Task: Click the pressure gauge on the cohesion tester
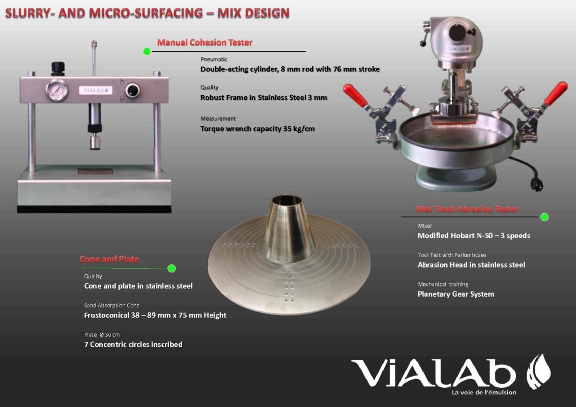click(56, 91)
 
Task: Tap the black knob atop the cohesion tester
click(57, 69)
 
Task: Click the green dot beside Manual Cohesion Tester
click(147, 51)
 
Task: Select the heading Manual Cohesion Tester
click(205, 43)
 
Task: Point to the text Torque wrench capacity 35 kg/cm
click(257, 129)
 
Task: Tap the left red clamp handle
click(355, 95)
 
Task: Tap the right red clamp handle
click(556, 93)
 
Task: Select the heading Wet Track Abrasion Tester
click(467, 210)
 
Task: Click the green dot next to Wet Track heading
click(544, 217)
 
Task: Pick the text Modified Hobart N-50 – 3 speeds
click(474, 236)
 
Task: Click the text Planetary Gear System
click(456, 294)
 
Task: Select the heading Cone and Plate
click(109, 259)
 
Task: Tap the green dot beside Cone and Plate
click(171, 269)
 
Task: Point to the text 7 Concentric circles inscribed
click(133, 344)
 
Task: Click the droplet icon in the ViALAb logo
click(538, 371)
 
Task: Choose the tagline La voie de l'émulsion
click(484, 393)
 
